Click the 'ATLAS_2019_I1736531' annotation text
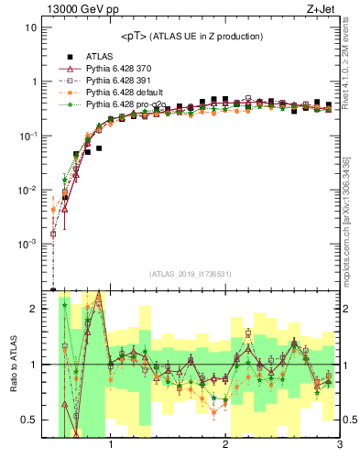191,274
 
